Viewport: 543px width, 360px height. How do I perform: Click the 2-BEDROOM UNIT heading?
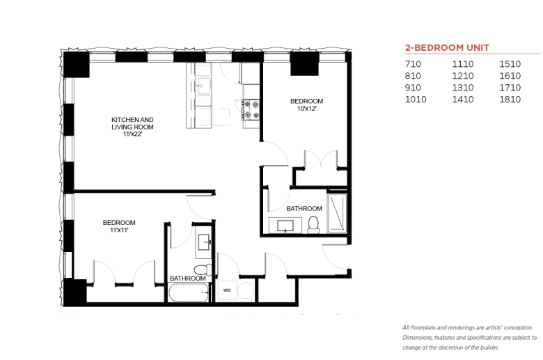(447, 47)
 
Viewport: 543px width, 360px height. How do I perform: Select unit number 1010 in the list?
(416, 100)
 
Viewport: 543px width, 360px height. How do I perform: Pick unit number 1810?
(510, 100)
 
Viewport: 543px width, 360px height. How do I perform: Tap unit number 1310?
(463, 88)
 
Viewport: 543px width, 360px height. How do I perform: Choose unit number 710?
(413, 64)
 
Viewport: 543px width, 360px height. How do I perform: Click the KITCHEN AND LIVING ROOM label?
(132, 123)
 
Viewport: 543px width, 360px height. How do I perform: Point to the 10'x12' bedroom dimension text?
(306, 109)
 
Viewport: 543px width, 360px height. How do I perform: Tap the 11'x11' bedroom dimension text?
(119, 230)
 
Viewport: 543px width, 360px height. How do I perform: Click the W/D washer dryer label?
(227, 290)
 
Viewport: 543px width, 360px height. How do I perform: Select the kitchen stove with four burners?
(251, 109)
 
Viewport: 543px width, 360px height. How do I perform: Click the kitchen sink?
(203, 85)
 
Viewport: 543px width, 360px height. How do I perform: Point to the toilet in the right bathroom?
(313, 224)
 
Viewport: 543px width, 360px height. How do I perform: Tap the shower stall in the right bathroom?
(337, 213)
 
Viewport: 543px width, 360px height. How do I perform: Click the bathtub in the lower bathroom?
(189, 292)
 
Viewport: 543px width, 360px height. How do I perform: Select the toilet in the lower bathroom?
(203, 269)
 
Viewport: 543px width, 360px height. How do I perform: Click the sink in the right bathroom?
(285, 226)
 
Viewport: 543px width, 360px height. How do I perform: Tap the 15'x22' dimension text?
(133, 134)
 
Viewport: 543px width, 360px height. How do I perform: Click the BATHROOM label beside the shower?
(304, 209)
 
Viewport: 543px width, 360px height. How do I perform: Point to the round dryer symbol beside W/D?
(246, 290)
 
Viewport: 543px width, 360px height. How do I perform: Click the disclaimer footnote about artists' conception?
(469, 338)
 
